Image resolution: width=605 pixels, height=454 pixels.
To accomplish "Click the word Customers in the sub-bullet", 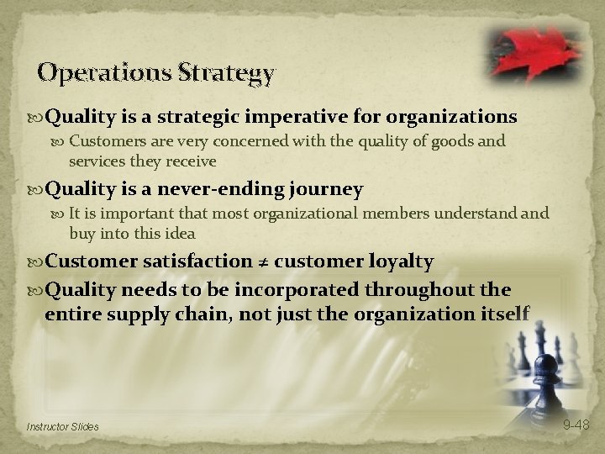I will point(107,142).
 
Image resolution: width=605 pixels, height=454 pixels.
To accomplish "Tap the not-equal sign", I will point(263,262).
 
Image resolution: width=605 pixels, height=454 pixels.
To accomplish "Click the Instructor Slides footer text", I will point(63,426).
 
